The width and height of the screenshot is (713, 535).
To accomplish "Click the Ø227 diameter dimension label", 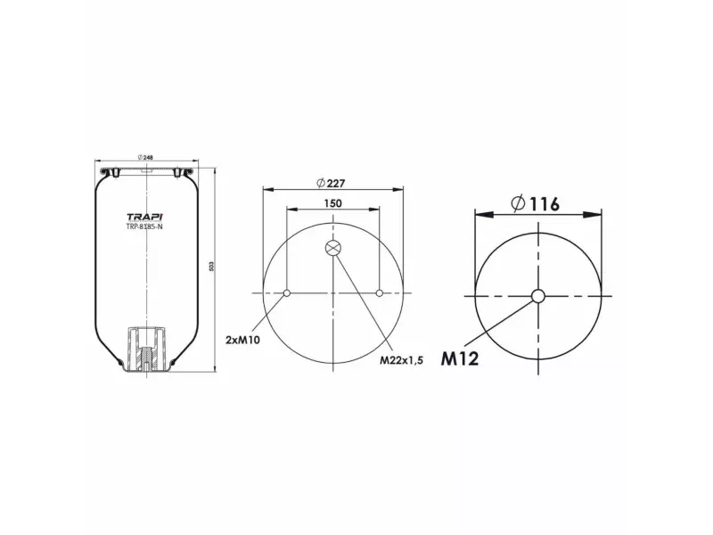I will [331, 183].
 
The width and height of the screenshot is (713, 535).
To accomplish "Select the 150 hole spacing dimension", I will [332, 203].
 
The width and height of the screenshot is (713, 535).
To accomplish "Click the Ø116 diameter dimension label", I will [535, 204].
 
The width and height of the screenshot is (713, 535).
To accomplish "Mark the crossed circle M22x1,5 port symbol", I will [332, 249].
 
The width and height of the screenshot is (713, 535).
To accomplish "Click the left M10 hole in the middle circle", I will [285, 293].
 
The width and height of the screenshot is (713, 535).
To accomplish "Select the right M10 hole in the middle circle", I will [381, 293].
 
